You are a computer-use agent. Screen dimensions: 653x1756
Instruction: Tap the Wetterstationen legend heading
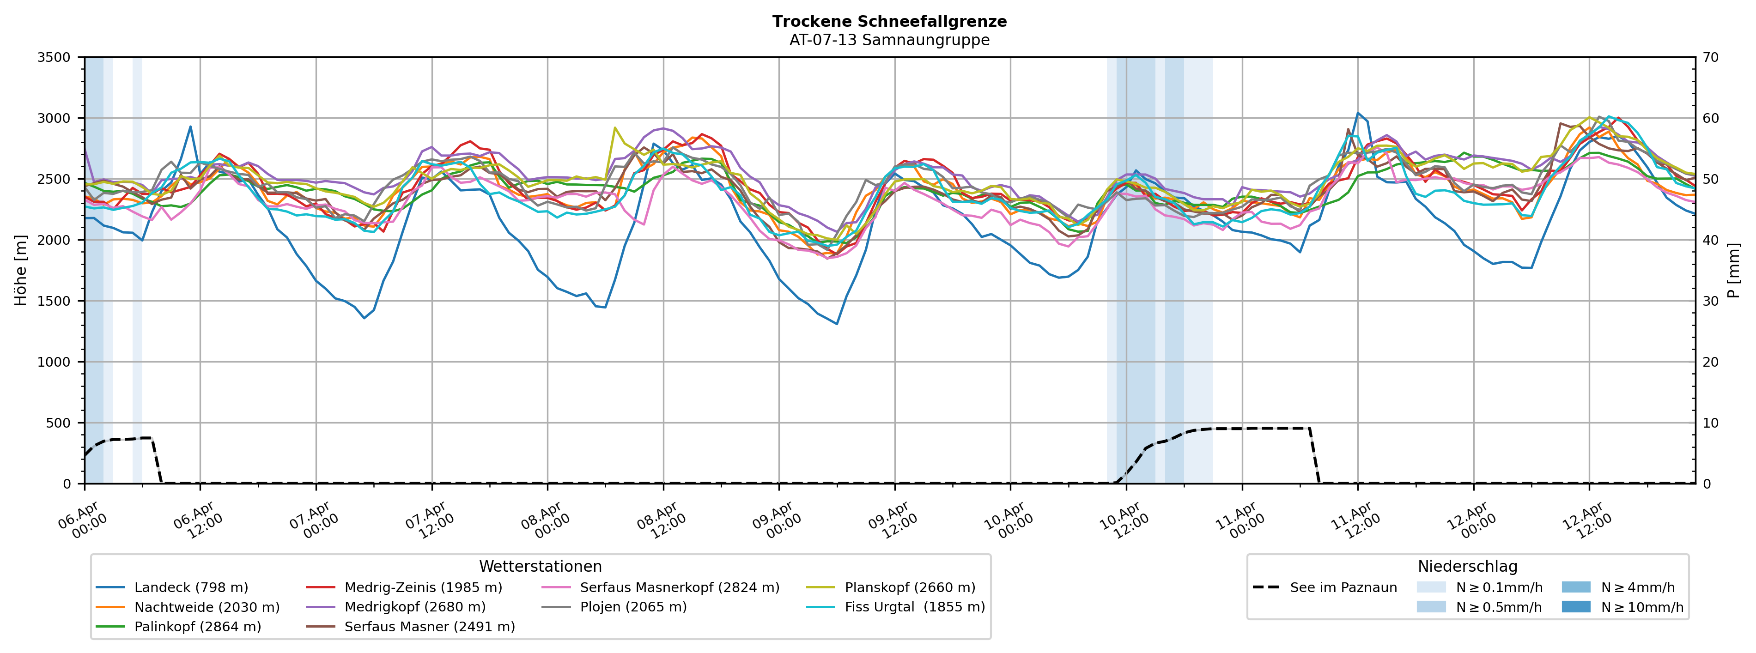[540, 567]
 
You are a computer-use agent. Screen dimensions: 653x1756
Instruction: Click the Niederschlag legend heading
[1467, 567]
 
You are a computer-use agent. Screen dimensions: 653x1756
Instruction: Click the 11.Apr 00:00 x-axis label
[1240, 521]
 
